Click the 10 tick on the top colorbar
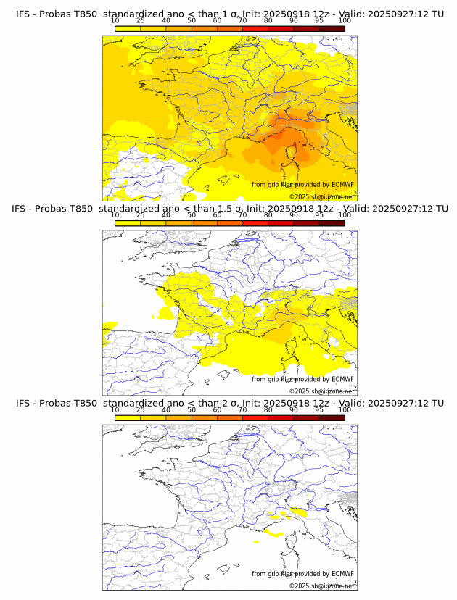click(115, 20)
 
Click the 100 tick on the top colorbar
click(345, 20)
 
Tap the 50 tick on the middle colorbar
click(192, 215)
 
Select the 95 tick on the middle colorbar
click(319, 215)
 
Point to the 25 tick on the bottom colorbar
click(141, 409)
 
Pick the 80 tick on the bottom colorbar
click(268, 409)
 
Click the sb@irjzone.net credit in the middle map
click(321, 391)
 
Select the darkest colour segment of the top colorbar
click(332, 28)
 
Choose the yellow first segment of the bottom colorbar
click(128, 417)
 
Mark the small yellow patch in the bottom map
click(273, 533)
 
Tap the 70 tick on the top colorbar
click(243, 20)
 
